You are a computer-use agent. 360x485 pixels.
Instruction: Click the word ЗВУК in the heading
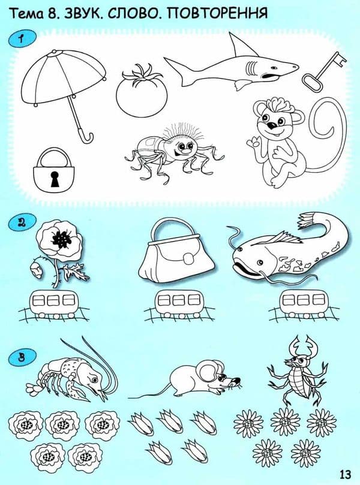coord(82,13)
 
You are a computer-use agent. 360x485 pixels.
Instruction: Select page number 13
coord(345,474)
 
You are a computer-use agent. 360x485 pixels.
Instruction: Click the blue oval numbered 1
coord(22,39)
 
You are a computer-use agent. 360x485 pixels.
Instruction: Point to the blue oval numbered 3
coord(22,358)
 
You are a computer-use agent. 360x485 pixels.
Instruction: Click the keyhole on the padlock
coord(55,179)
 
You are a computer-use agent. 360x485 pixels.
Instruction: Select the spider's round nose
coord(186,152)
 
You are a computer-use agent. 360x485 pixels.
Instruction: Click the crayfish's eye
coord(94,378)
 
